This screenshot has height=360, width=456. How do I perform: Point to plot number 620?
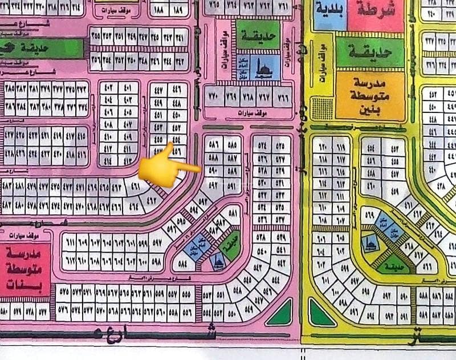323,145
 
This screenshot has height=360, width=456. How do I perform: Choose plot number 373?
83,88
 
